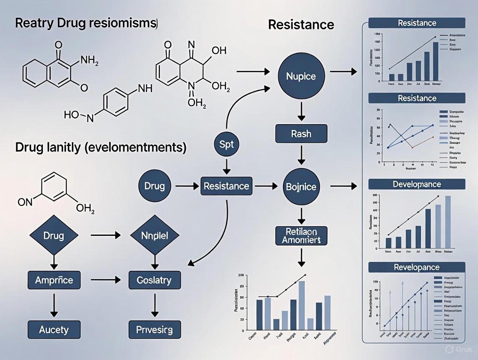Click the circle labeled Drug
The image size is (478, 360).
click(x=155, y=186)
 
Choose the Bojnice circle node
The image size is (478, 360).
click(x=301, y=187)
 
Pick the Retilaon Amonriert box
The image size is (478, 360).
click(x=301, y=235)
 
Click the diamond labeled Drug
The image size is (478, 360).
click(x=54, y=236)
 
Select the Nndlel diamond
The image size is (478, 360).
click(x=155, y=236)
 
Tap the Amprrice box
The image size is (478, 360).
click(x=54, y=280)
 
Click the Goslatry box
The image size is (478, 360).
click(x=155, y=280)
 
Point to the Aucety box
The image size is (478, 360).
click(x=54, y=329)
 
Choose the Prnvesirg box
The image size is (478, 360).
click(x=155, y=330)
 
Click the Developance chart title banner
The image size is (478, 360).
click(x=417, y=184)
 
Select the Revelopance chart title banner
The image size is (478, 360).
click(x=417, y=267)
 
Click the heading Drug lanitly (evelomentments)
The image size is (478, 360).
click(x=101, y=148)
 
